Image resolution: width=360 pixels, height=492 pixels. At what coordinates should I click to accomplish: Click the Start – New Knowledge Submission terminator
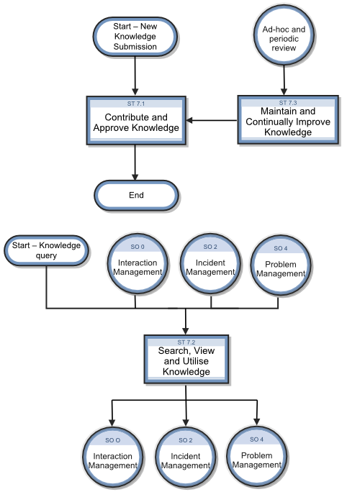(135, 37)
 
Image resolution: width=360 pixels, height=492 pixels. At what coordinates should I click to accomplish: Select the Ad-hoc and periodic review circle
(284, 35)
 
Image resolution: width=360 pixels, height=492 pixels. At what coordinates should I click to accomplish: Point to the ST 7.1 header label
(136, 104)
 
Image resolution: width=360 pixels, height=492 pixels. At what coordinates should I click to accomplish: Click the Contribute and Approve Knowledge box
(136, 121)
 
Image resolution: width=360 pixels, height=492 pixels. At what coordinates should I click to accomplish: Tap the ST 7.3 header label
(288, 103)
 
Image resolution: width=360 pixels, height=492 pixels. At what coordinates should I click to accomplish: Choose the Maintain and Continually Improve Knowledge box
(288, 120)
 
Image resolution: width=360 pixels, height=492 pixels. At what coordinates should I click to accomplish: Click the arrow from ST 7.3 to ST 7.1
(212, 120)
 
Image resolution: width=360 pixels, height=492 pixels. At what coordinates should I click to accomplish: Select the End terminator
(136, 195)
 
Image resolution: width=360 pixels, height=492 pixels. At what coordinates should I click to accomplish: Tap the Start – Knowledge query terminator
(47, 250)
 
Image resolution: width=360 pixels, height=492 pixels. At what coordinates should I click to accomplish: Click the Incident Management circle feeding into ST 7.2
(210, 264)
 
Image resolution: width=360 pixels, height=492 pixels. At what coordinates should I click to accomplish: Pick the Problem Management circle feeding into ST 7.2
(281, 265)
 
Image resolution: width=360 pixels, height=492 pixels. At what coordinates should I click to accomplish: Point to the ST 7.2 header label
(186, 342)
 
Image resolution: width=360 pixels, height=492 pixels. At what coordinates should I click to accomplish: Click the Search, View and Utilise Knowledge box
(186, 359)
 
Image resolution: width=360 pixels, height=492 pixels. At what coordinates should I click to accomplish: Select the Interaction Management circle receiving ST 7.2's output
(113, 457)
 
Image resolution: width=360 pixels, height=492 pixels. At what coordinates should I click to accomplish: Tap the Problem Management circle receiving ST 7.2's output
(256, 457)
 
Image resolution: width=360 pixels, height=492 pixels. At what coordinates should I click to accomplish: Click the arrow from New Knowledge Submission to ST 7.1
(135, 76)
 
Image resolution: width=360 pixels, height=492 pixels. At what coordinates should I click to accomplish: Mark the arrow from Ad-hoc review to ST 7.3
(284, 81)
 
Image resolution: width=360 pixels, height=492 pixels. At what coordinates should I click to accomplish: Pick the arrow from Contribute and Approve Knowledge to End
(135, 163)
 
